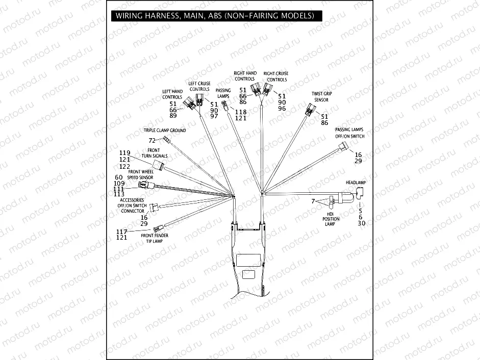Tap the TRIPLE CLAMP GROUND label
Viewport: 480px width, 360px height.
click(164, 131)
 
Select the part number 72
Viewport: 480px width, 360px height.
click(151, 140)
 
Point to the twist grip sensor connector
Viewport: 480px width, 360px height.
click(311, 109)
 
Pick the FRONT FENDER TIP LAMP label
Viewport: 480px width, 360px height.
click(155, 238)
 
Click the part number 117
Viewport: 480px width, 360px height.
click(121, 232)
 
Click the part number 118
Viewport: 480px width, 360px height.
click(240, 112)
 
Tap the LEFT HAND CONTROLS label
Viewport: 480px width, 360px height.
click(172, 94)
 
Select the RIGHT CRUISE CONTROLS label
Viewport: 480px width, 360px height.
click(276, 76)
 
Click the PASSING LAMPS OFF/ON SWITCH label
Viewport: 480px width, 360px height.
click(350, 133)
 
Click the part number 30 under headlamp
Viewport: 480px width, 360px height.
click(361, 223)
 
